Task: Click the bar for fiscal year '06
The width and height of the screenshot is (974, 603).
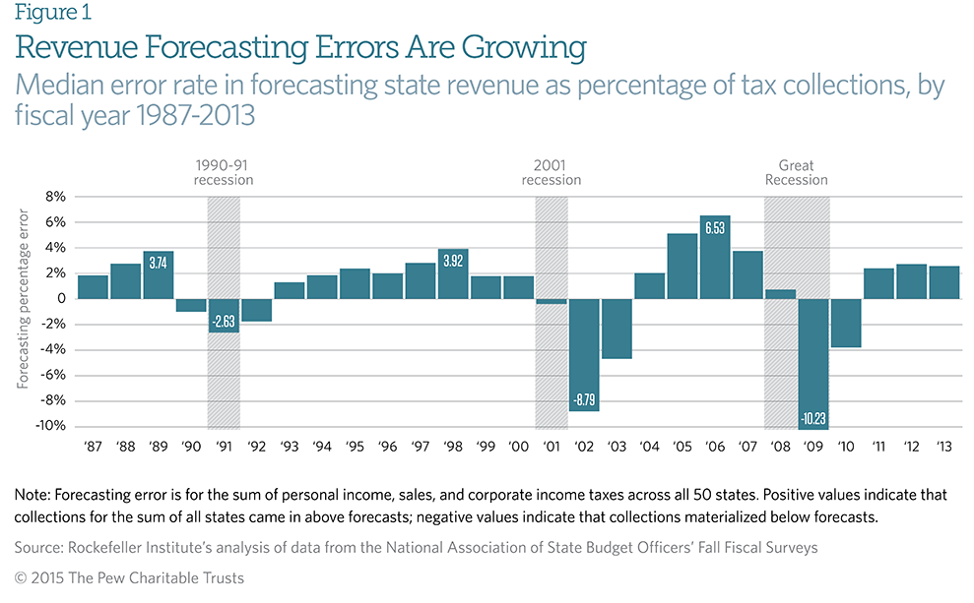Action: pyautogui.click(x=715, y=257)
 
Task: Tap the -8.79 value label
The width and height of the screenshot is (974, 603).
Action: pyautogui.click(x=584, y=401)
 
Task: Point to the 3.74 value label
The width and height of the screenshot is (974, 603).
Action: pyautogui.click(x=159, y=263)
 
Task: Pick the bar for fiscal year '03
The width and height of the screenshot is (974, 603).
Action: pyautogui.click(x=617, y=329)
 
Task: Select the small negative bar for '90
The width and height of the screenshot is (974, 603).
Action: pyautogui.click(x=191, y=305)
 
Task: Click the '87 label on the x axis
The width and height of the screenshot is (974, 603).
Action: pyautogui.click(x=93, y=447)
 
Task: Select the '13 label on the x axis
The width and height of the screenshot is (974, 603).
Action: pyautogui.click(x=943, y=447)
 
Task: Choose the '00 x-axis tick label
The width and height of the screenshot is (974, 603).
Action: pyautogui.click(x=518, y=447)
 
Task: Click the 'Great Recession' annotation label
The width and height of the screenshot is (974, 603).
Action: pyautogui.click(x=797, y=173)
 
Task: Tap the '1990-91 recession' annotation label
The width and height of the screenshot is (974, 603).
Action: pyautogui.click(x=224, y=173)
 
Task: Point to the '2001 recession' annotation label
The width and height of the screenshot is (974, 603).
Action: pyautogui.click(x=552, y=173)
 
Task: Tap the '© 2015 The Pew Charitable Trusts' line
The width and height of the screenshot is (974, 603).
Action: pyautogui.click(x=129, y=578)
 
